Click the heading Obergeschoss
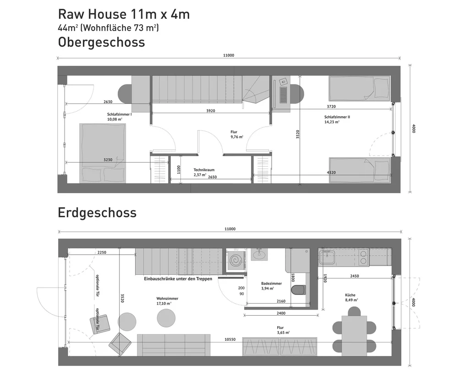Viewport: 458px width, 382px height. pyautogui.click(x=101, y=42)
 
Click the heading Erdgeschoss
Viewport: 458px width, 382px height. pyautogui.click(x=97, y=213)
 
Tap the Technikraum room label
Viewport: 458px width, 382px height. pyautogui.click(x=204, y=169)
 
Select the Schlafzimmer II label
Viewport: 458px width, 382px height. pyautogui.click(x=337, y=117)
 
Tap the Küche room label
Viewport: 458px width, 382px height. pyautogui.click(x=351, y=295)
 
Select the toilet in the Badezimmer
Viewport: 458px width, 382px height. pyautogui.click(x=299, y=289)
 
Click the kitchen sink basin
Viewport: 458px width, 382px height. pyautogui.click(x=328, y=258)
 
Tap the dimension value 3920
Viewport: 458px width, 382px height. pyautogui.click(x=210, y=111)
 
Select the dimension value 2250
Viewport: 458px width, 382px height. pyautogui.click(x=102, y=252)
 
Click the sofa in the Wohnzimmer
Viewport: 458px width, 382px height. pyautogui.click(x=174, y=344)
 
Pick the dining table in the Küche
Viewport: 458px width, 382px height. pyautogui.click(x=354, y=334)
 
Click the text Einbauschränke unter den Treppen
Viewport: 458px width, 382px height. pyautogui.click(x=178, y=278)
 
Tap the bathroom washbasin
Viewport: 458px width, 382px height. pyautogui.click(x=259, y=254)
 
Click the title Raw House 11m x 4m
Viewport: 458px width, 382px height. pyautogui.click(x=124, y=14)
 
